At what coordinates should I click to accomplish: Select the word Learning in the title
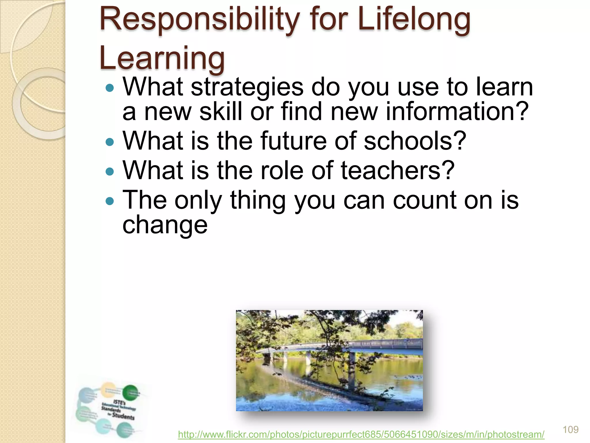(x=162, y=59)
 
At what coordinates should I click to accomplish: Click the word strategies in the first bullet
(x=247, y=87)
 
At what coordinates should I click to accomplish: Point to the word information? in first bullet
(x=457, y=112)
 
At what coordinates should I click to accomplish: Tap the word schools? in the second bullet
(x=415, y=141)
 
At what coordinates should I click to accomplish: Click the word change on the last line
(x=165, y=225)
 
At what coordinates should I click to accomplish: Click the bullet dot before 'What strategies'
(x=110, y=88)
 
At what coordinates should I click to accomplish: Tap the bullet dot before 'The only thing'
(x=110, y=201)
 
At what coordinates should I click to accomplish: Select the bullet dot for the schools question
(x=110, y=142)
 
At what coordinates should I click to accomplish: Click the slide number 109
(x=570, y=429)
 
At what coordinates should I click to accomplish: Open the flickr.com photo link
(x=361, y=434)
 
